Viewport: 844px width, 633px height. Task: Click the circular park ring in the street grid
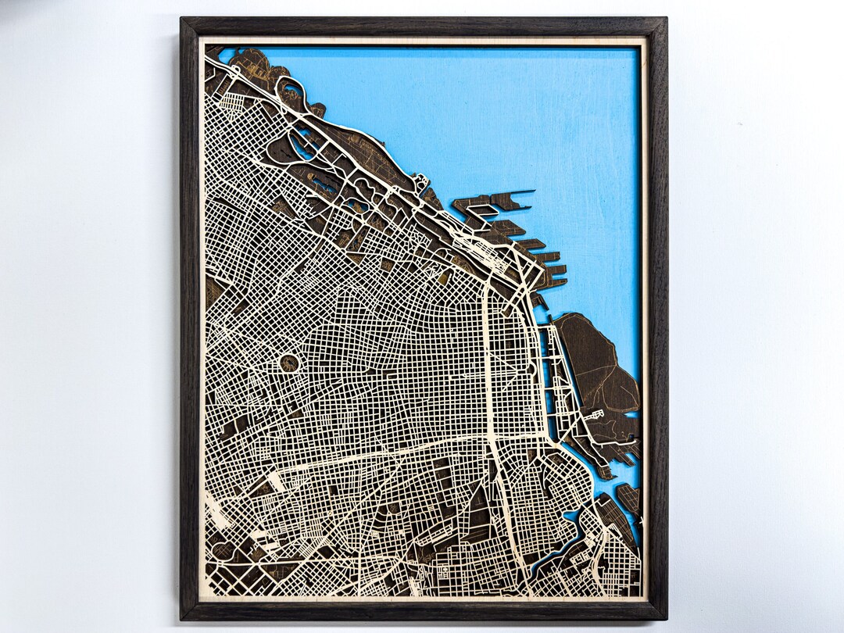(x=289, y=363)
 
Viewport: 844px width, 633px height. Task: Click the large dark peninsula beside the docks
(x=598, y=359)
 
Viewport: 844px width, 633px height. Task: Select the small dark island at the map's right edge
(x=628, y=497)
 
